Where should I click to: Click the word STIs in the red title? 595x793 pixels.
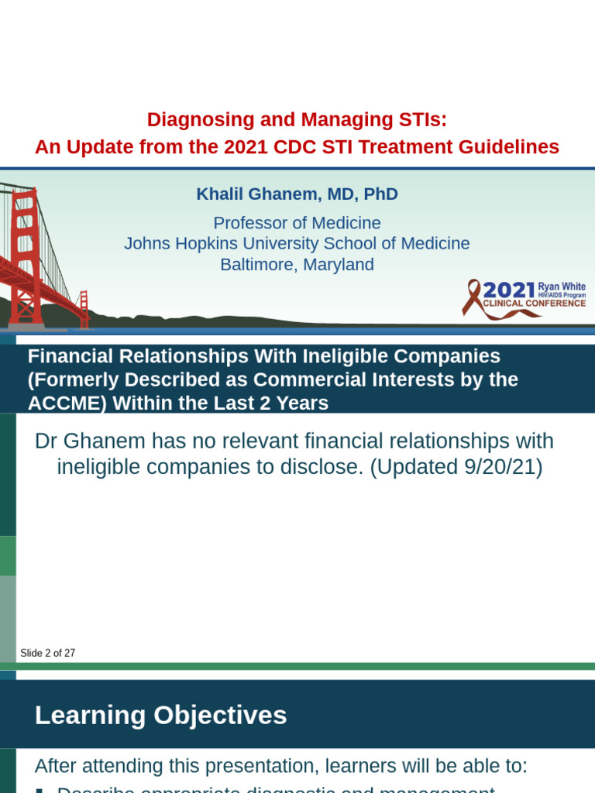(x=422, y=120)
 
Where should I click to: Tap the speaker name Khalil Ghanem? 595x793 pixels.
(x=246, y=194)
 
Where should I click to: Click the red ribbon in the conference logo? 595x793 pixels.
(x=472, y=297)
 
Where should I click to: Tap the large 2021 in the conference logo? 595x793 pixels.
(x=509, y=290)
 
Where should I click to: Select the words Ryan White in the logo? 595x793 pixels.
(x=562, y=287)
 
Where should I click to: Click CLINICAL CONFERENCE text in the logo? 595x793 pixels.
(x=534, y=304)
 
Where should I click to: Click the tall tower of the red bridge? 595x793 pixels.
(x=26, y=256)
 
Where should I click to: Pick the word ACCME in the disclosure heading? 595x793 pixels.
(x=59, y=403)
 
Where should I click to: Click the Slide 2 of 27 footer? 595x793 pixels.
(x=48, y=653)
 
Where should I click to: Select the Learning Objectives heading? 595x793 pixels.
(x=160, y=716)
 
